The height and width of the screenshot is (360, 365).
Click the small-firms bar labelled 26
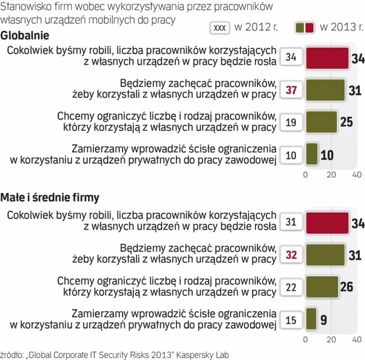(x=322, y=286)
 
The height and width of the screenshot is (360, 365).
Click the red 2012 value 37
(x=291, y=90)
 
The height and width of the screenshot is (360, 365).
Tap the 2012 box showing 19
(x=291, y=122)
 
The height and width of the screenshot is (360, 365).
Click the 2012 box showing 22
(x=291, y=287)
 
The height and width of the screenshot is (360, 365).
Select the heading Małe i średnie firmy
(x=50, y=197)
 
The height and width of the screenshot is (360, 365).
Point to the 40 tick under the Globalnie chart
(x=356, y=174)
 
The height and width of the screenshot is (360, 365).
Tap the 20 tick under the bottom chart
(x=331, y=340)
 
